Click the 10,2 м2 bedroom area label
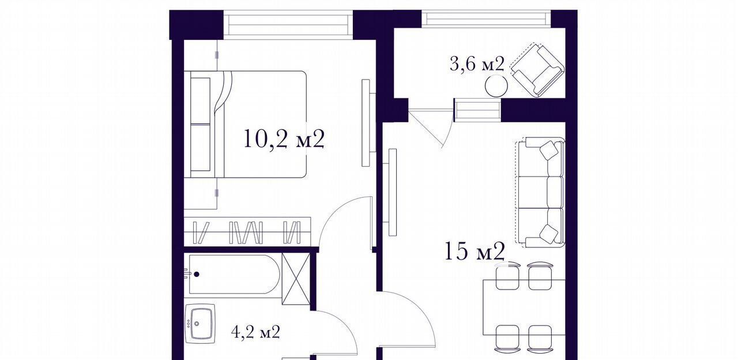pyautogui.click(x=284, y=139)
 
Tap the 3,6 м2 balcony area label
pyautogui.click(x=477, y=64)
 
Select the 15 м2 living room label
pyautogui.click(x=475, y=251)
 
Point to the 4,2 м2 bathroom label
pyautogui.click(x=255, y=332)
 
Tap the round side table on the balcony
pyautogui.click(x=496, y=86)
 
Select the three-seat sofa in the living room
pyautogui.click(x=539, y=192)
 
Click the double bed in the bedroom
pyautogui.click(x=246, y=125)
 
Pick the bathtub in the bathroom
pyautogui.click(x=234, y=274)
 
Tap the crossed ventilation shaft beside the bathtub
pyautogui.click(x=296, y=279)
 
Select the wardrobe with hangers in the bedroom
pyautogui.click(x=247, y=231)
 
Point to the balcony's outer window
pyautogui.click(x=486, y=19)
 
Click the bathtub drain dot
pyautogui.click(x=197, y=274)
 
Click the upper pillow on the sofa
pyautogui.click(x=549, y=151)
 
